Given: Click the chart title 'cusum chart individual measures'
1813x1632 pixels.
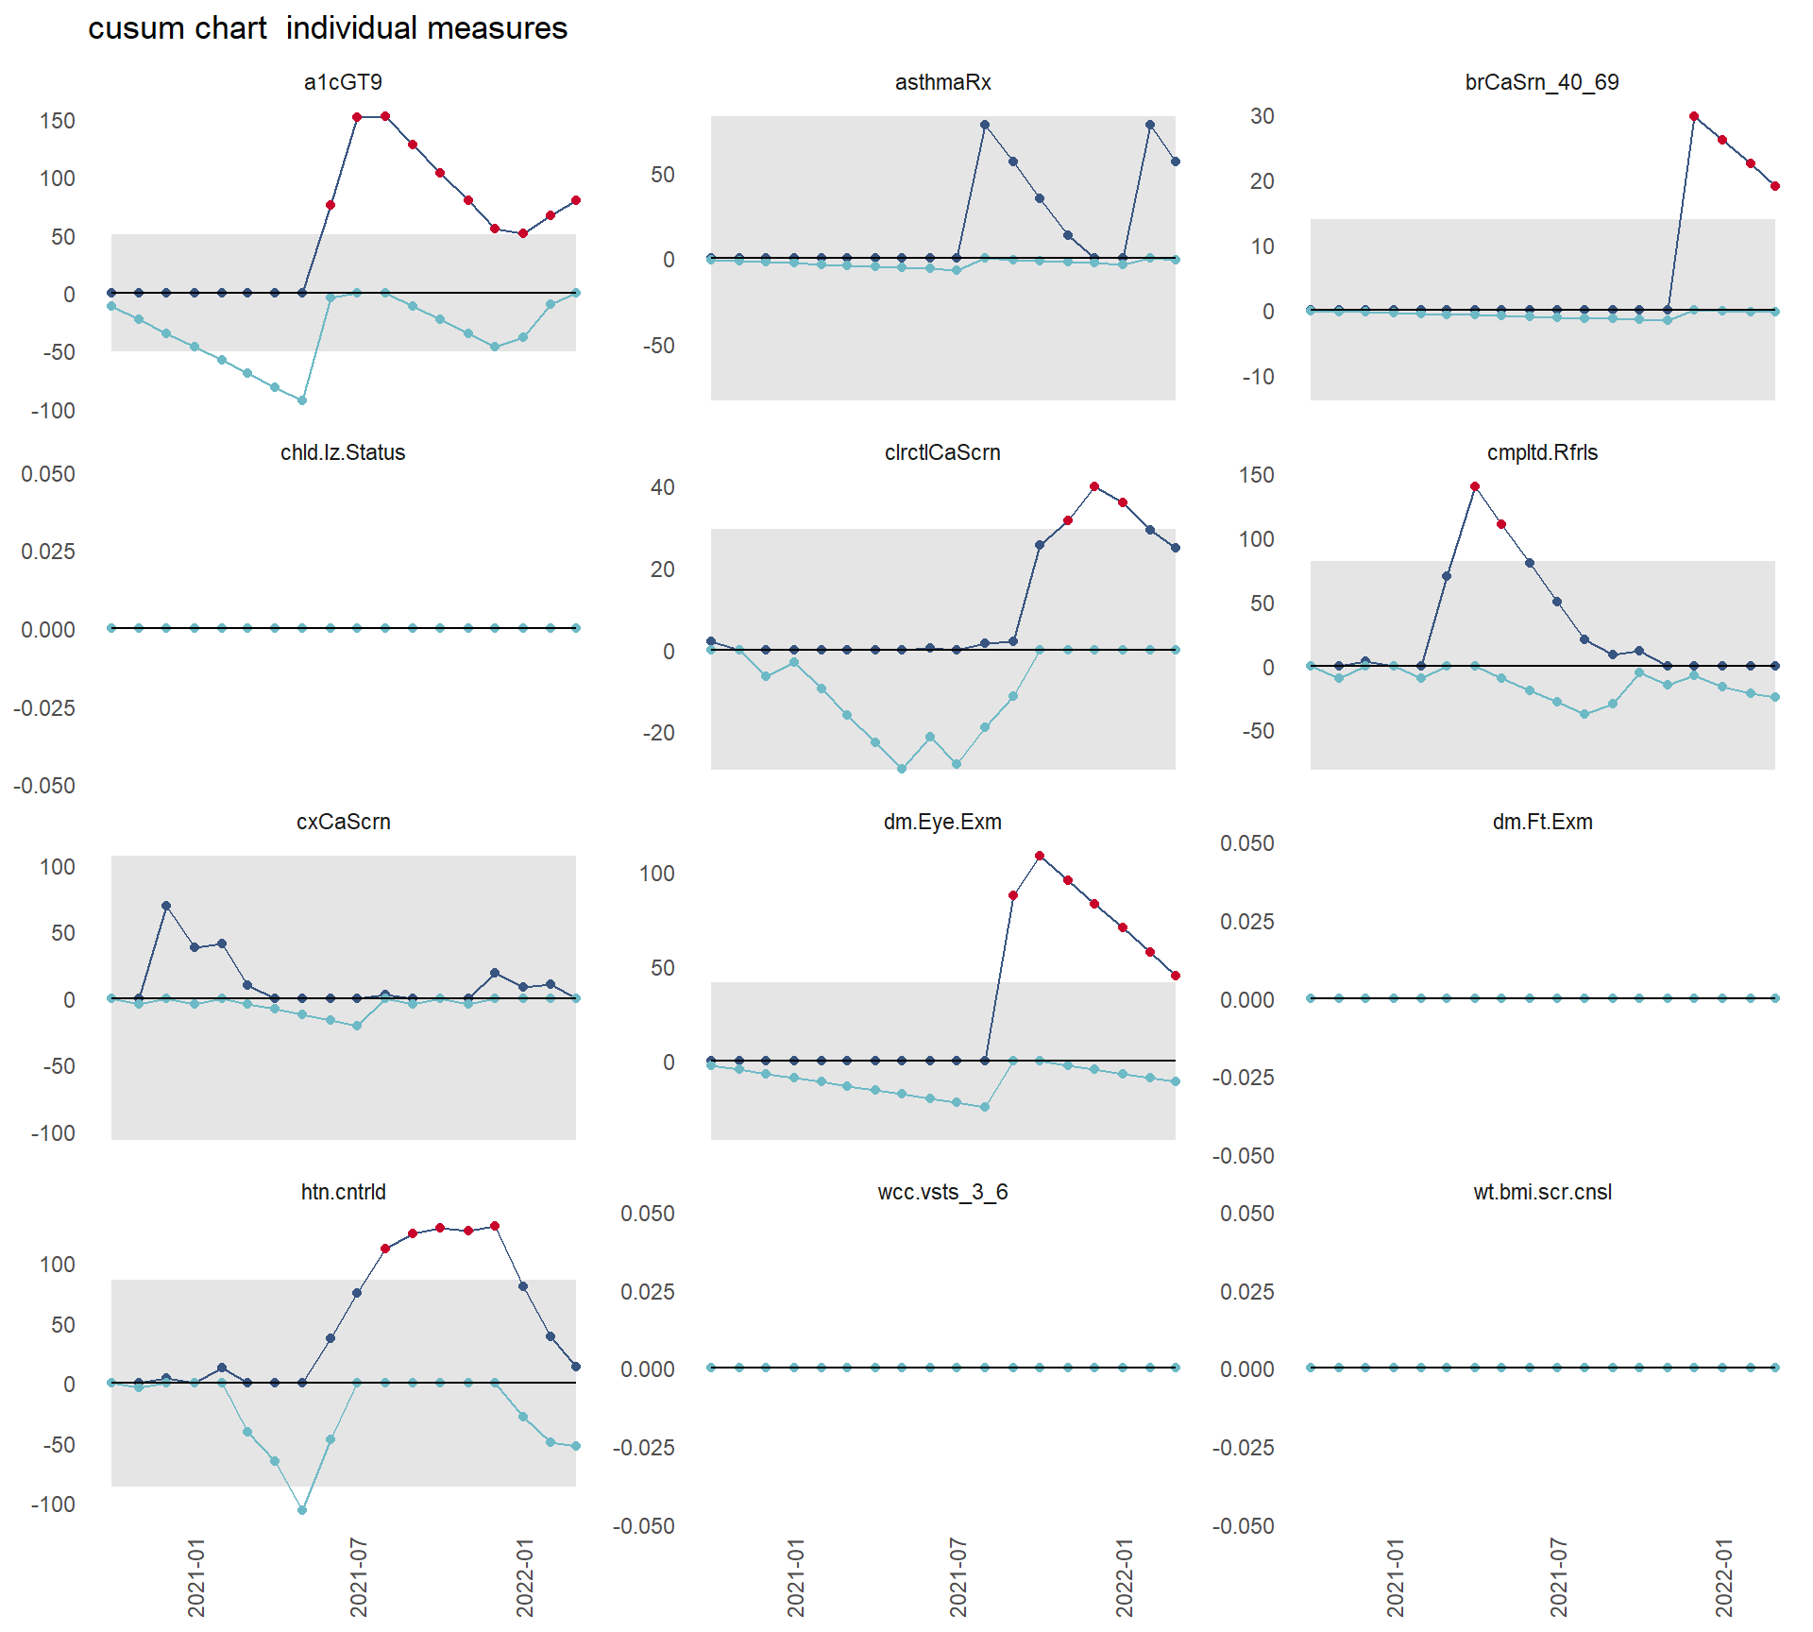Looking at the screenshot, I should point(328,28).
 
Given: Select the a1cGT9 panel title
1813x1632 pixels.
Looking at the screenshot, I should point(343,82).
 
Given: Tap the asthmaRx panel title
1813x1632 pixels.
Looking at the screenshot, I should point(942,82).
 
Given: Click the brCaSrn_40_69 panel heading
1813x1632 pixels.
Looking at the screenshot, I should point(1541,82).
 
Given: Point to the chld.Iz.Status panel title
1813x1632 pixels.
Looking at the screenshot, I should point(343,452).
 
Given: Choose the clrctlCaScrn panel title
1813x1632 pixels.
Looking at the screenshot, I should point(942,452).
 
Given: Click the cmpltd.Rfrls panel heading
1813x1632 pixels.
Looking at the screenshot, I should point(1541,452).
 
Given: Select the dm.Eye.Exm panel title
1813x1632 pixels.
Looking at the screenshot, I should point(942,822).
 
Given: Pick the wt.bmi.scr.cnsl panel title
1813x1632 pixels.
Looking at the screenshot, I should point(1541,1192).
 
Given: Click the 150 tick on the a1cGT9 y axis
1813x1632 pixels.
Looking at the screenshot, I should point(58,121).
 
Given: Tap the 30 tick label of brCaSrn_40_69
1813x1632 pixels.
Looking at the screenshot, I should point(1262,116).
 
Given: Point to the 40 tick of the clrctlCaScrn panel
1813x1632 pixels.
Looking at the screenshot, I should point(663,487).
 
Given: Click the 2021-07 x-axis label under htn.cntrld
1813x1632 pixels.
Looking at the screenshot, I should point(358,1576).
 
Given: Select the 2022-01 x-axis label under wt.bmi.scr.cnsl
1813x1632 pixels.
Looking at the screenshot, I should point(1723,1576).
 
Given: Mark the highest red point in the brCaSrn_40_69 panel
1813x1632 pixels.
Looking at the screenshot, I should point(1694,116).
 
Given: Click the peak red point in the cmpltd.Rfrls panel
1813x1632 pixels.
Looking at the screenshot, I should point(1475,486).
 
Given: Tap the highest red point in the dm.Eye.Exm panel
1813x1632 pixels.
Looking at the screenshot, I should point(1040,856).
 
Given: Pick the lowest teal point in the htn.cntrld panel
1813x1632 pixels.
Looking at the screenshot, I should point(302,1510).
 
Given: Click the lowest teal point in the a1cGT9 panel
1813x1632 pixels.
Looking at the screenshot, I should point(302,400).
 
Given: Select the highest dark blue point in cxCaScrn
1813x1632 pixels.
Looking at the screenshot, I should point(166,906).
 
